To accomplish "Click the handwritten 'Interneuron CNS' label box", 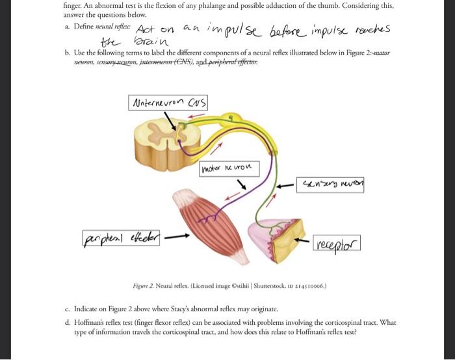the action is click(169, 102).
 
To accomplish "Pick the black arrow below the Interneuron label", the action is click(172, 122).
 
